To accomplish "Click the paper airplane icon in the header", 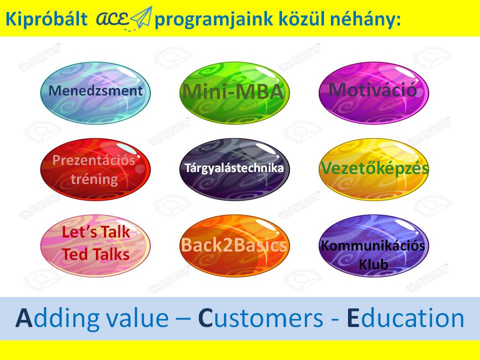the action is [x=141, y=17].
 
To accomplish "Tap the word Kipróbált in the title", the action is [x=46, y=19].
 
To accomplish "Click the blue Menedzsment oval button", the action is [x=95, y=93].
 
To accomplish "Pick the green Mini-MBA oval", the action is [x=234, y=93].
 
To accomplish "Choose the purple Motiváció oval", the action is [x=373, y=93].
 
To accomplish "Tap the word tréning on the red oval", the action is [x=94, y=179].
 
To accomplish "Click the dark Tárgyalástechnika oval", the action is [x=234, y=169].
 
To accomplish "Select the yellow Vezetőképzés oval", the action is [x=373, y=169].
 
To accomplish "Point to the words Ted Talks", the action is [x=95, y=254].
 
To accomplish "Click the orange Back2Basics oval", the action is [x=234, y=245].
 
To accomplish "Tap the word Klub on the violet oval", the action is [x=373, y=264].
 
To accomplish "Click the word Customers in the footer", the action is [x=260, y=318].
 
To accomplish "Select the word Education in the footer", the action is [x=405, y=318].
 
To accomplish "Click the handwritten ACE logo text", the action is [x=112, y=19].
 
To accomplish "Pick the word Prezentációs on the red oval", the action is [x=93, y=160].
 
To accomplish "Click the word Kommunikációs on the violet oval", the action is [x=373, y=246].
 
